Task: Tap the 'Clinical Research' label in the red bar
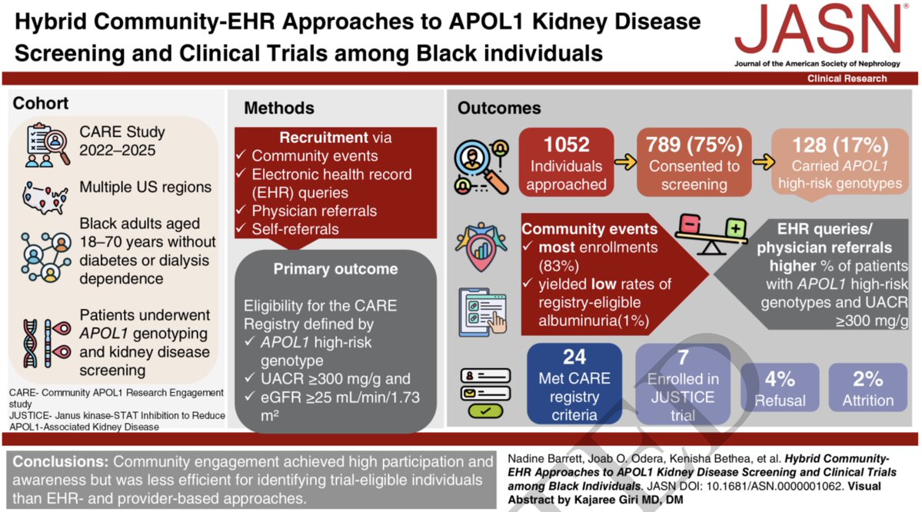point(846,78)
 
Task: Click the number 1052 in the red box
point(567,144)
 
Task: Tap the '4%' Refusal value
point(780,377)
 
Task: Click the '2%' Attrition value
point(867,377)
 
